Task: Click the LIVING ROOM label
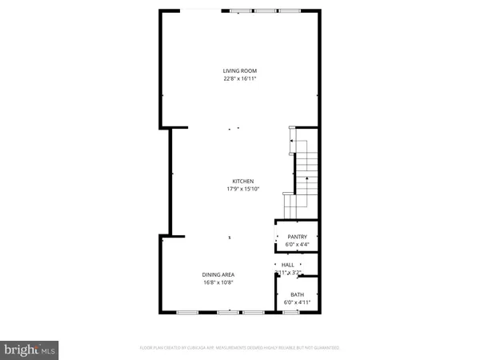(239, 71)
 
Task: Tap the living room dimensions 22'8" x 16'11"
(239, 79)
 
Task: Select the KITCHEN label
(243, 181)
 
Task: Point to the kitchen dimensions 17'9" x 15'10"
(243, 189)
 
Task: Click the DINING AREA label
(218, 274)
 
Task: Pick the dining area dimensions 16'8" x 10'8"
(218, 282)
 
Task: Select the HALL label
(287, 265)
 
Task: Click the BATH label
(297, 295)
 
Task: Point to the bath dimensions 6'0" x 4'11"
(297, 302)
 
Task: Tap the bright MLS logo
(30, 350)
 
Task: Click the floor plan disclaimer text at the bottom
(239, 348)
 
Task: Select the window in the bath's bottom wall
(291, 311)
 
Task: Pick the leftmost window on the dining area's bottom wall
(187, 311)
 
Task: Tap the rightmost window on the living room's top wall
(289, 11)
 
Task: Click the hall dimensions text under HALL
(287, 273)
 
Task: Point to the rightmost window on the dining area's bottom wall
(254, 311)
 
